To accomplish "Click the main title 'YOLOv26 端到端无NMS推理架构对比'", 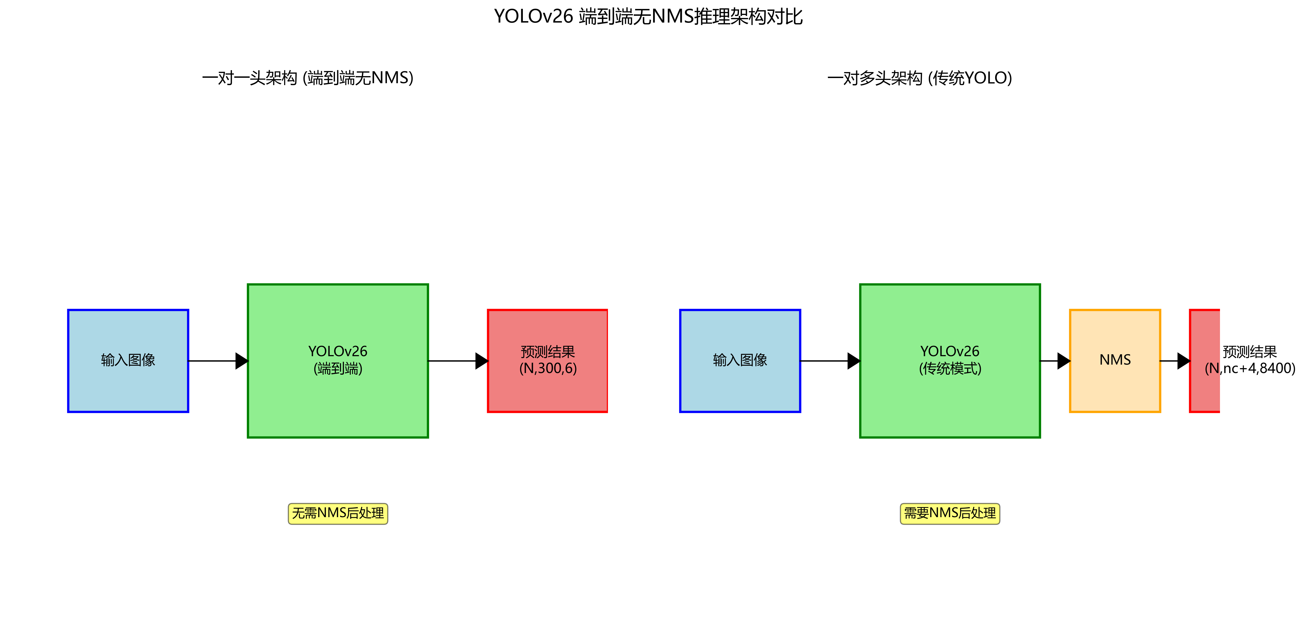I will [648, 17].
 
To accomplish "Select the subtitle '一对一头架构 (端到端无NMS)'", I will [308, 78].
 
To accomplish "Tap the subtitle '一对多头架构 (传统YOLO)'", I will [919, 78].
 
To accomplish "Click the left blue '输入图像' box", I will [128, 361].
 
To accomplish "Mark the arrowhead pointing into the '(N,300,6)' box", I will [482, 361].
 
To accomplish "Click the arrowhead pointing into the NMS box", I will [1064, 361].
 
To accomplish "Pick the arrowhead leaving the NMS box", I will [1184, 361].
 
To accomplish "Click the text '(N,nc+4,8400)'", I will [1250, 368].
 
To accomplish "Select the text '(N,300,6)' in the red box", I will [548, 368].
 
